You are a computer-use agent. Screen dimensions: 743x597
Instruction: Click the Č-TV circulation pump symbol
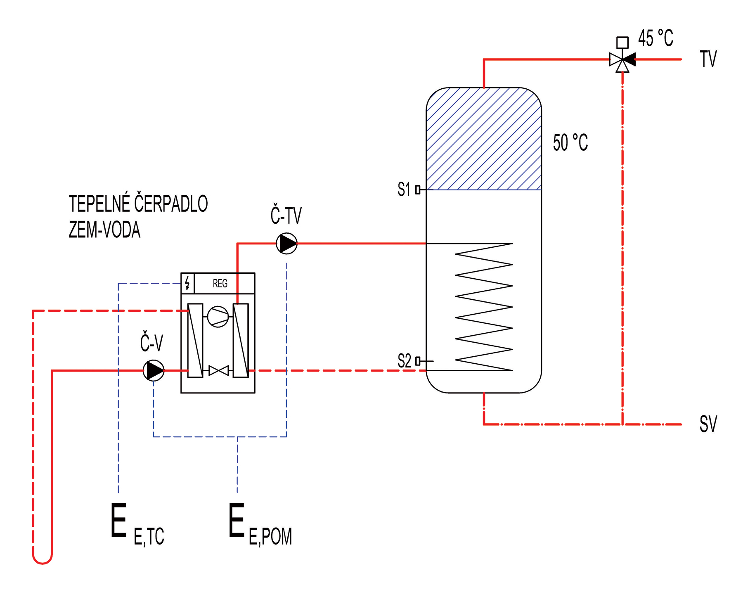[x=286, y=243]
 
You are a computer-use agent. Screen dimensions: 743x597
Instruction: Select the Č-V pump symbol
[x=154, y=370]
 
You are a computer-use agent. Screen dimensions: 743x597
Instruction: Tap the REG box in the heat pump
[x=224, y=283]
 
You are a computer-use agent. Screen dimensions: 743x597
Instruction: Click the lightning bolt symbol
[x=187, y=283]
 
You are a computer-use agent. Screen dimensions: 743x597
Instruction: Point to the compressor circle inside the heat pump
[x=218, y=317]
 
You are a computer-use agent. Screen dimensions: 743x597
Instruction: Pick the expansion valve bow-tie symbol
[x=219, y=370]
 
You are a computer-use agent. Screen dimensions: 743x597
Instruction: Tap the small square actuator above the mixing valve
[x=622, y=43]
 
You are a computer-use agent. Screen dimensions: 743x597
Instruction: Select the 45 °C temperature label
[x=655, y=38]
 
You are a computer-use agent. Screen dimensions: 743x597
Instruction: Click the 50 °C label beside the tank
[x=570, y=142]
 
